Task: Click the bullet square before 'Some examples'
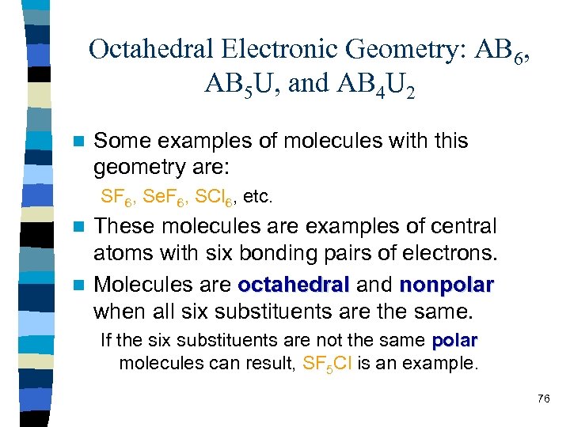[x=77, y=142]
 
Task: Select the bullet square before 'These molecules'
[x=77, y=228]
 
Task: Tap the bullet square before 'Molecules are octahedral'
[x=77, y=285]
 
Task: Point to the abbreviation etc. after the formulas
[x=256, y=195]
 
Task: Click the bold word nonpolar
[x=447, y=284]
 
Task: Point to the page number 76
[x=543, y=399]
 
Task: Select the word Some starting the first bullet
[x=121, y=142]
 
